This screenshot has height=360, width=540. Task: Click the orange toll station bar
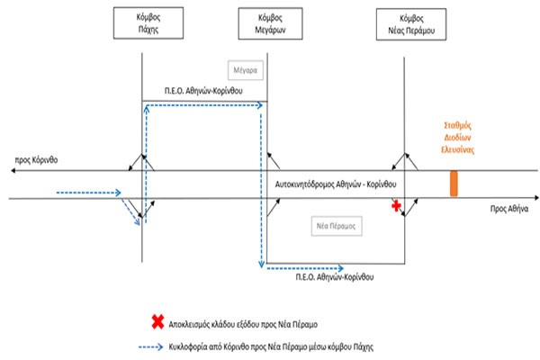(x=454, y=183)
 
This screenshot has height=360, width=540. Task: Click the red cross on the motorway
(x=393, y=207)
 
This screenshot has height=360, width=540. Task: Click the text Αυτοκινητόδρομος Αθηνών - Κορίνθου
(x=338, y=184)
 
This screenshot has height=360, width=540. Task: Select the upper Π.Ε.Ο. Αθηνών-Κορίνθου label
(x=204, y=92)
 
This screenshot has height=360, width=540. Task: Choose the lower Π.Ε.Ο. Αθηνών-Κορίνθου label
(x=337, y=281)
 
